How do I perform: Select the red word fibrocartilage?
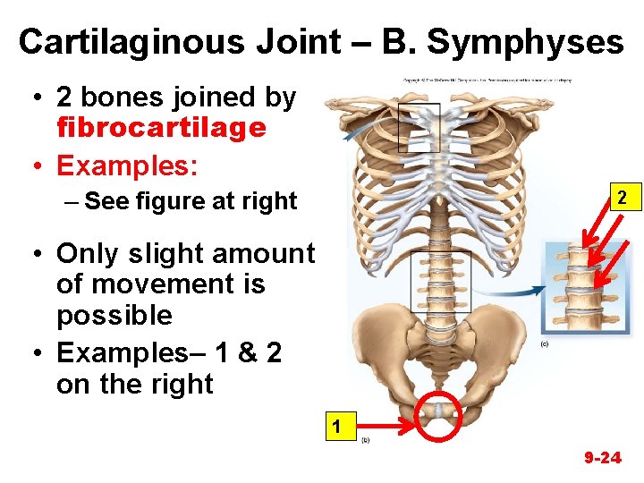click(x=161, y=128)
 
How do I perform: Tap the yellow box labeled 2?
click(x=623, y=196)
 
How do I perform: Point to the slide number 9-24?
click(x=602, y=458)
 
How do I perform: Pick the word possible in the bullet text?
click(x=114, y=316)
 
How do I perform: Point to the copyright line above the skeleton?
click(x=487, y=80)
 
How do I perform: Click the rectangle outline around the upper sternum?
click(x=419, y=125)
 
